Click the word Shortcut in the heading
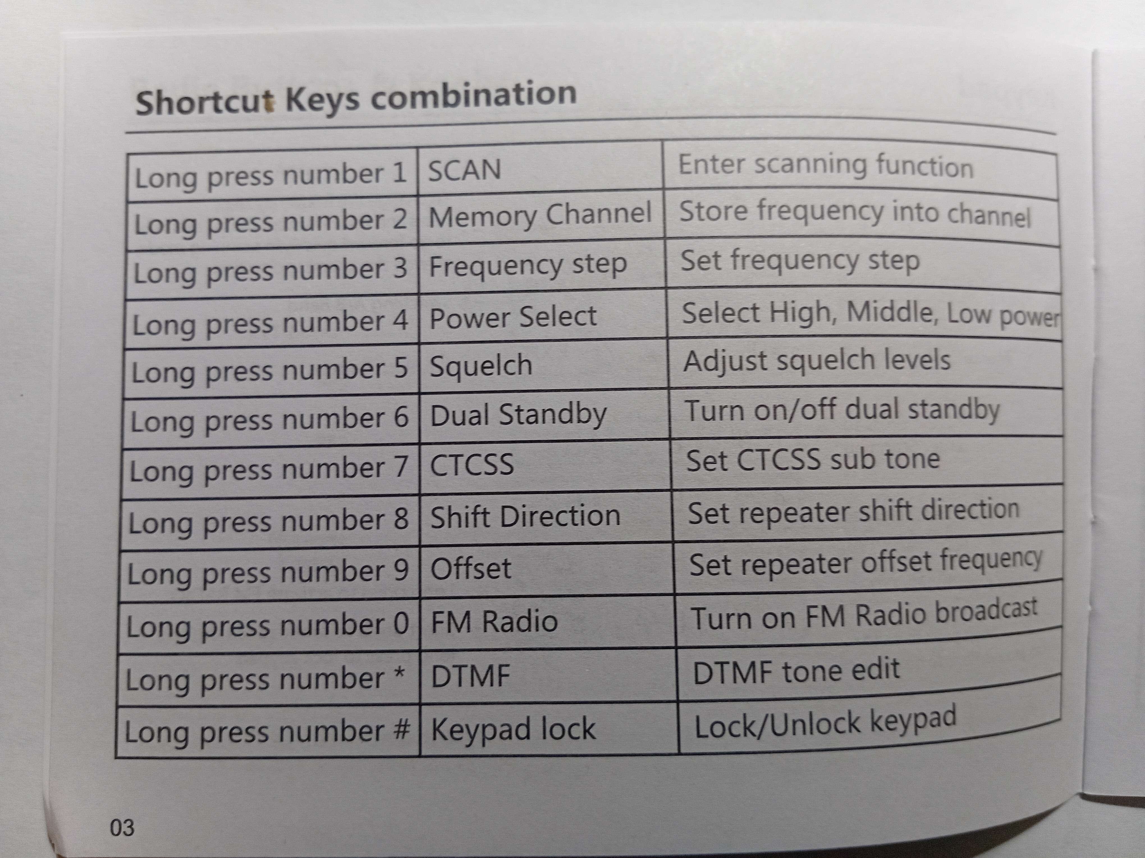[205, 102]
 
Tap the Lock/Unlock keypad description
[825, 723]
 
